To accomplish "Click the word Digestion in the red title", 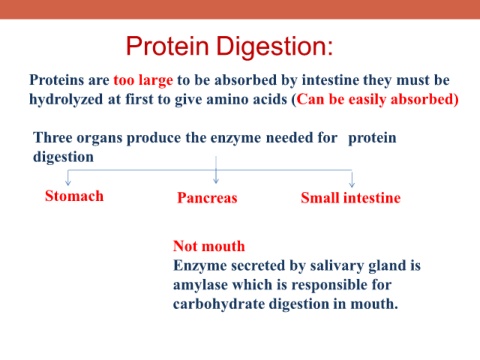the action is (x=275, y=47).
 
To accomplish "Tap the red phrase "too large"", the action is (x=143, y=81).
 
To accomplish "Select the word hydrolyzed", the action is (x=66, y=99).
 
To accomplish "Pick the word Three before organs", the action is (x=53, y=137).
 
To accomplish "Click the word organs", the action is (x=99, y=138).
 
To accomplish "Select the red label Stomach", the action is (x=74, y=196).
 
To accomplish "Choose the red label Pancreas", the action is (x=207, y=198).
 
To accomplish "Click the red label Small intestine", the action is (x=351, y=198).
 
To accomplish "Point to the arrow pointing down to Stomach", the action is (x=68, y=178).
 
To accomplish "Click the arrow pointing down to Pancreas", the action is (x=216, y=170).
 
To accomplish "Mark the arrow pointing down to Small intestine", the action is (x=352, y=178).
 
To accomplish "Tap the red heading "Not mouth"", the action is (x=209, y=246).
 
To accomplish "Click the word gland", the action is (x=384, y=266).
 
